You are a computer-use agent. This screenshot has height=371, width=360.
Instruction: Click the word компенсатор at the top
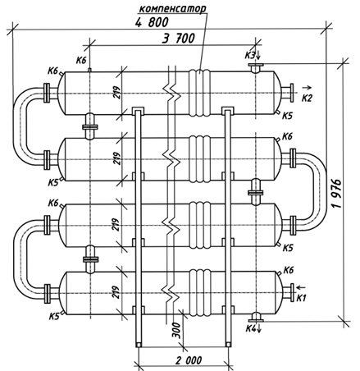tap(173, 8)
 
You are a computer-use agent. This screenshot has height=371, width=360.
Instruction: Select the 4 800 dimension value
tap(152, 22)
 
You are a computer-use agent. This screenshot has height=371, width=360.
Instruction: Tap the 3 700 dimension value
tap(179, 39)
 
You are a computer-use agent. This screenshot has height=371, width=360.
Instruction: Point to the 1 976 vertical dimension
tap(338, 194)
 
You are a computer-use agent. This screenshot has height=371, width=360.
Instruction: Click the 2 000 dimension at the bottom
tap(189, 360)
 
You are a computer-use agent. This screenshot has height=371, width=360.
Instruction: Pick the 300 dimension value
tap(177, 330)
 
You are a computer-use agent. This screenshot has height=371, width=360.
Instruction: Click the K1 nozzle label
tap(301, 298)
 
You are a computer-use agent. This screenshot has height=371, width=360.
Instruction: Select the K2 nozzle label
tap(307, 98)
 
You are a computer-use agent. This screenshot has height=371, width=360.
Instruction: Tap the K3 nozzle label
tap(249, 56)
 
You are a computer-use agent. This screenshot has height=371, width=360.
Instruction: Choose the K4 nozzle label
tap(251, 327)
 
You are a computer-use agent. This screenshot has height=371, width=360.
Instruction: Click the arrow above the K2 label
tap(307, 88)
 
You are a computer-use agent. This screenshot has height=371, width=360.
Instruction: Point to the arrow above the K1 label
tap(301, 287)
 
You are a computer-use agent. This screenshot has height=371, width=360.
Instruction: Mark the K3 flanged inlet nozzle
tap(256, 67)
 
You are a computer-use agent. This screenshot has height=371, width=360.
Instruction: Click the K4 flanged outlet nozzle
tap(256, 317)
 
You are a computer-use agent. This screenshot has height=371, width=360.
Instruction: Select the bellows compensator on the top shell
tap(200, 93)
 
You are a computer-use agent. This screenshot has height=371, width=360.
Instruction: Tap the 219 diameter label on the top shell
tap(117, 93)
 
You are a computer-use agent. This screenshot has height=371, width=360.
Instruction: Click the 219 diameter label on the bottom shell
tap(117, 292)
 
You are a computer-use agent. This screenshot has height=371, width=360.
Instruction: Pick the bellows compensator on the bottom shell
tap(200, 293)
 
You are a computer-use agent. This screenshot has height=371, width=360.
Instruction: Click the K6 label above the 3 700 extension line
tap(81, 60)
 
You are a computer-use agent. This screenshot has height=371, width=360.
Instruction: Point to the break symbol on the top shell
tap(171, 93)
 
